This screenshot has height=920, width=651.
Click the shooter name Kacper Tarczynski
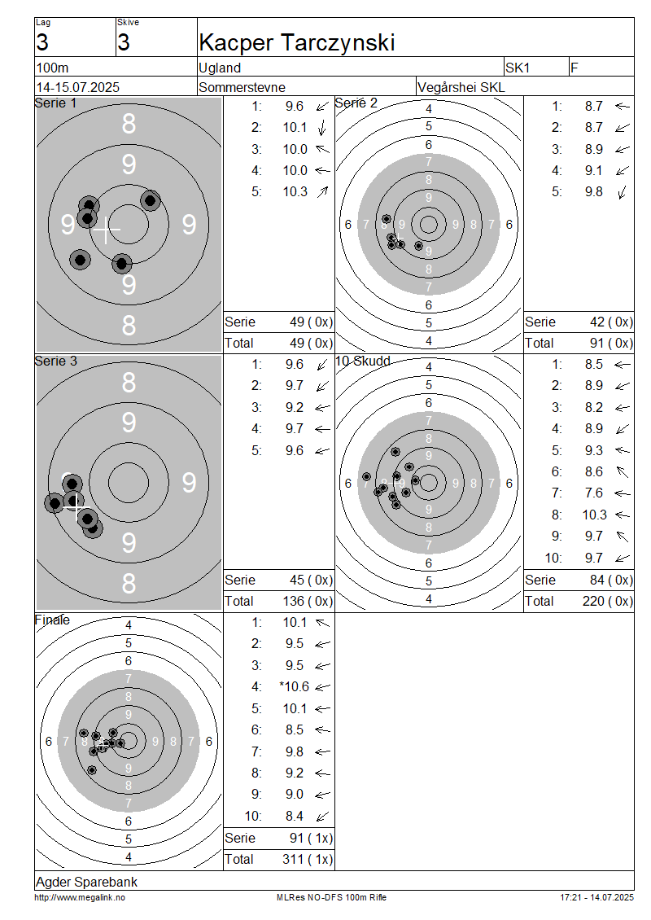pyautogui.click(x=297, y=43)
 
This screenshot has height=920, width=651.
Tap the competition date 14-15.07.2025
pyautogui.click(x=78, y=87)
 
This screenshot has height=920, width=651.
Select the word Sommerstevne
pyautogui.click(x=242, y=87)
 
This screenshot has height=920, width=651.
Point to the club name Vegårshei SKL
pyautogui.click(x=461, y=87)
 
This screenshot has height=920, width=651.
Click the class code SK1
pyautogui.click(x=518, y=68)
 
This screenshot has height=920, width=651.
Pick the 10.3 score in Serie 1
pyautogui.click(x=295, y=192)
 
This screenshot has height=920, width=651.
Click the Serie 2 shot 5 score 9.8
pyautogui.click(x=593, y=192)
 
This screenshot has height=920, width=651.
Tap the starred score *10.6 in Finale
pyautogui.click(x=294, y=686)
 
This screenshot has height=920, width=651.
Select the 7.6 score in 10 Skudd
pyautogui.click(x=593, y=493)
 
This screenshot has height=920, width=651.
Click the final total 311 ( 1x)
pyautogui.click(x=308, y=860)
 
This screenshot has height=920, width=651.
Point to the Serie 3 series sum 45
pyautogui.click(x=297, y=580)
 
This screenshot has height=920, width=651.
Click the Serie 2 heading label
pyautogui.click(x=356, y=103)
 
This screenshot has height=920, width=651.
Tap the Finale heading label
pyautogui.click(x=52, y=620)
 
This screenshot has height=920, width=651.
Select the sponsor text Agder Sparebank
pyautogui.click(x=87, y=882)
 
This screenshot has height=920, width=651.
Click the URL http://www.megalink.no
pyautogui.click(x=80, y=898)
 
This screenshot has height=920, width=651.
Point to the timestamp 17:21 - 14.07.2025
pyautogui.click(x=596, y=898)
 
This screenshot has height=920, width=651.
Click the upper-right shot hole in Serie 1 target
pyautogui.click(x=151, y=200)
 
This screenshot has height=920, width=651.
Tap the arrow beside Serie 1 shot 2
pyautogui.click(x=322, y=128)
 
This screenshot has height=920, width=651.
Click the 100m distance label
pyautogui.click(x=53, y=68)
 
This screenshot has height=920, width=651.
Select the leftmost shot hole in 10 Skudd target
pyautogui.click(x=366, y=477)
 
